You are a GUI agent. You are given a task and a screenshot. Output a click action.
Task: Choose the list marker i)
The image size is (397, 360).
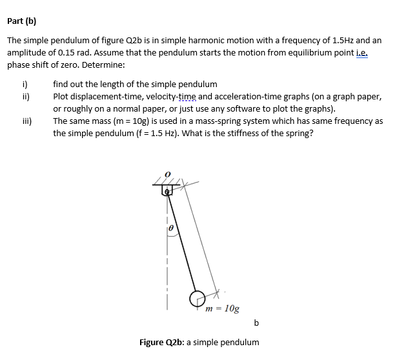(x=25, y=84)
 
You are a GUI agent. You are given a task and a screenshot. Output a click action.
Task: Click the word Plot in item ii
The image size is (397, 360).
(x=62, y=96)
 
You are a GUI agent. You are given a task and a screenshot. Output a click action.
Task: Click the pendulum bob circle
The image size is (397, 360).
(x=196, y=298)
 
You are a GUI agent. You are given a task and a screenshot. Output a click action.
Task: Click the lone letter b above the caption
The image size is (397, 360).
(x=256, y=322)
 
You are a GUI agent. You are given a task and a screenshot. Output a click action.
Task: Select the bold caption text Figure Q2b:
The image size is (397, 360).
(x=161, y=342)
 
